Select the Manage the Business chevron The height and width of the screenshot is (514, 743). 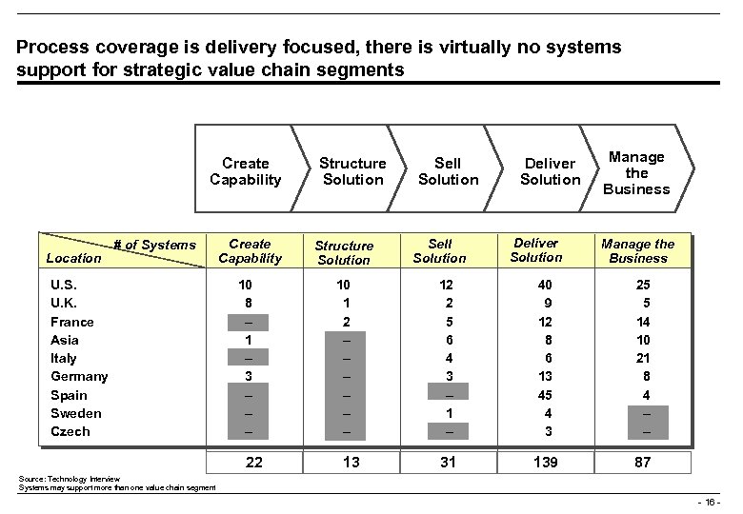point(636,172)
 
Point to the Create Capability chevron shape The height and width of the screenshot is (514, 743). point(246,171)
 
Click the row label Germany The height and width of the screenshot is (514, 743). point(79,376)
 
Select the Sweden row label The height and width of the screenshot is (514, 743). point(75,413)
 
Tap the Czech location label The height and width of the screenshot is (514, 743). point(70,431)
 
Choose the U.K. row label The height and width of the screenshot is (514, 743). point(64,303)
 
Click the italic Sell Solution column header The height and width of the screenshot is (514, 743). point(440,251)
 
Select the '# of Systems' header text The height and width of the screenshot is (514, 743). point(154,246)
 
